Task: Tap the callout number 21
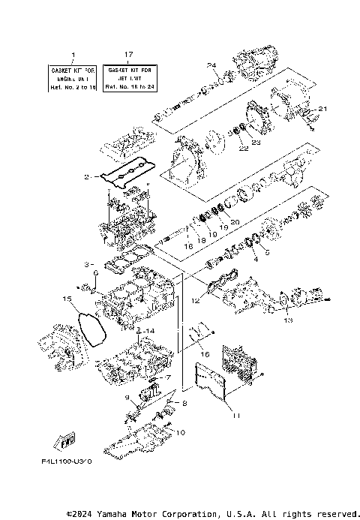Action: tap(322, 110)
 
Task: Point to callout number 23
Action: tap(256, 142)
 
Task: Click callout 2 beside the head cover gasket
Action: tap(88, 177)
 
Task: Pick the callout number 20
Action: tap(235, 221)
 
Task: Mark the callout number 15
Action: tap(67, 299)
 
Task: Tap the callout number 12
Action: tap(195, 302)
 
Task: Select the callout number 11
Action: tap(235, 414)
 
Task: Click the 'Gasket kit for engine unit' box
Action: tap(73, 77)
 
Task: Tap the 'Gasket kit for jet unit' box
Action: tap(129, 77)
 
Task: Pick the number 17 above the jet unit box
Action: tap(129, 55)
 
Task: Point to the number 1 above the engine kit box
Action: tap(73, 55)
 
